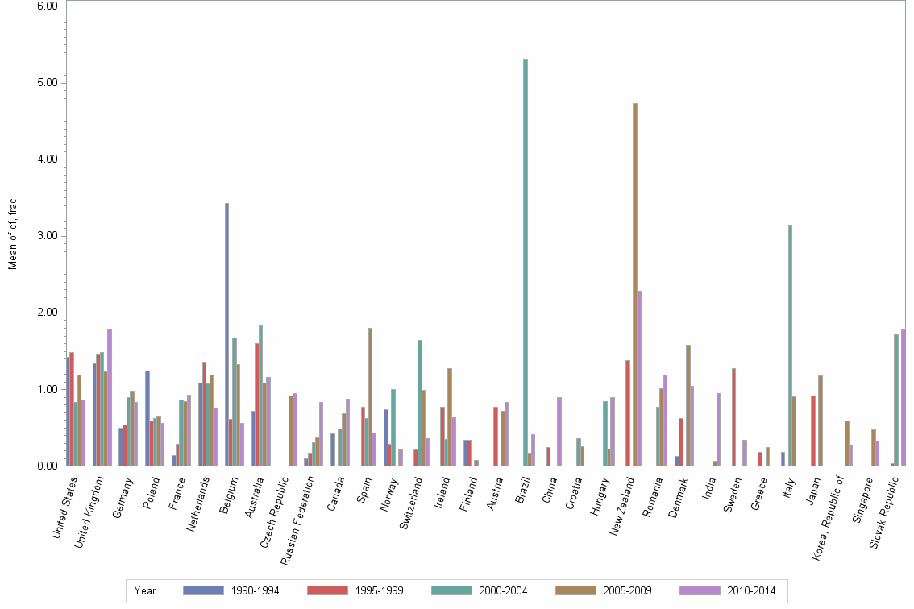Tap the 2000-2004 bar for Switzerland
(420, 403)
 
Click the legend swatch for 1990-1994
(203, 590)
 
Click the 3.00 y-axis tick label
(46, 236)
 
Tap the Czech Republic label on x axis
(275, 503)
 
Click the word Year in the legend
(145, 590)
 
